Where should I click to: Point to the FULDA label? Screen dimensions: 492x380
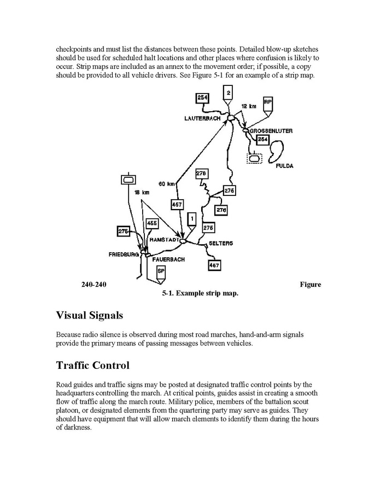tap(284, 166)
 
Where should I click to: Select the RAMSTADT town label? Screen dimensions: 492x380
tap(162, 240)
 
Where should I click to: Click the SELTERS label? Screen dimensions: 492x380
tap(221, 243)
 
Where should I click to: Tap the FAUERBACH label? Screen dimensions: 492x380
tap(167, 259)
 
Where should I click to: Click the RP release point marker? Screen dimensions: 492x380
tap(267, 102)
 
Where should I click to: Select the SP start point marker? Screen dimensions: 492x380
tap(161, 271)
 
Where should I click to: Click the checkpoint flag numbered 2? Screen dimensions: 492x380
tap(229, 92)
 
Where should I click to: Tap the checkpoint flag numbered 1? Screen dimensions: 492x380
tap(191, 218)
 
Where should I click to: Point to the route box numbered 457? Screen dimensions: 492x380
tap(177, 205)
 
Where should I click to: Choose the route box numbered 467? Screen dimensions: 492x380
tap(214, 265)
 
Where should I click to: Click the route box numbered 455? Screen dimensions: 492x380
tap(152, 223)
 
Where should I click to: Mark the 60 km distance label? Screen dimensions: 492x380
tap(167, 183)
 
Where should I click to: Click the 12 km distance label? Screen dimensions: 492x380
tap(248, 106)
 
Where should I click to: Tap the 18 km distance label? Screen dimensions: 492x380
tap(142, 192)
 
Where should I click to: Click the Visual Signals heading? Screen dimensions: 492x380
tap(90, 315)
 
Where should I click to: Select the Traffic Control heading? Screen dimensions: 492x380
tap(92, 364)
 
